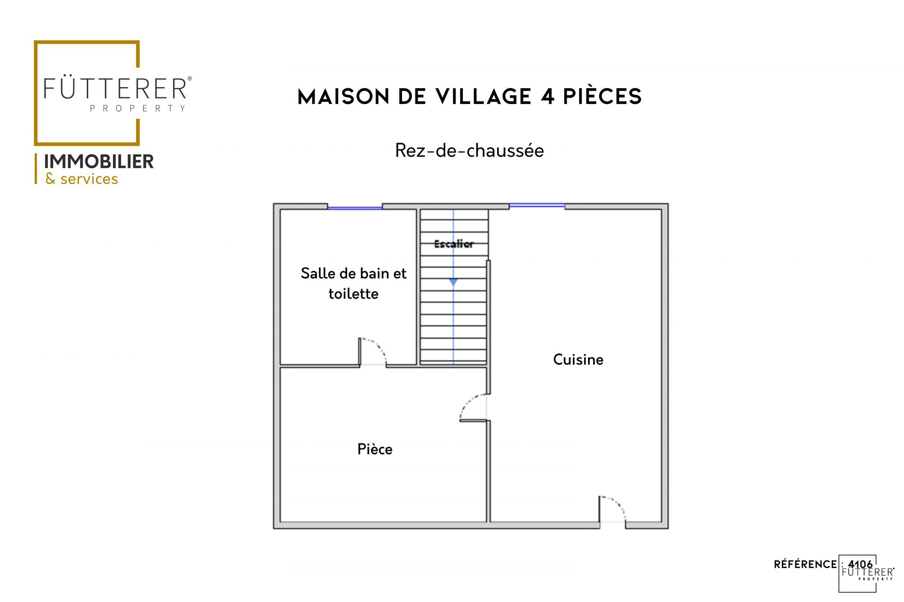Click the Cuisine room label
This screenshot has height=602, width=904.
(x=578, y=360)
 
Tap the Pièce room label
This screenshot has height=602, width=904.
(x=375, y=449)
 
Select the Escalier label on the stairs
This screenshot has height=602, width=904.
(x=454, y=244)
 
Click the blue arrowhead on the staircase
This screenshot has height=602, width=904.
(x=453, y=282)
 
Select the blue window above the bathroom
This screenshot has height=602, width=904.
(x=355, y=208)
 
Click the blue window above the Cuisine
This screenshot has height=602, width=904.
(x=537, y=206)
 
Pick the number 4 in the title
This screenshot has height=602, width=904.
(x=548, y=97)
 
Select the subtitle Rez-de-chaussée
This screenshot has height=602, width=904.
(x=470, y=151)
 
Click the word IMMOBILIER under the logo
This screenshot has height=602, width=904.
(x=99, y=162)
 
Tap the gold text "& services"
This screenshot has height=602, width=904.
(x=82, y=179)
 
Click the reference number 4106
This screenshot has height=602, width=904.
(x=861, y=564)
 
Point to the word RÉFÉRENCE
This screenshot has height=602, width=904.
(x=805, y=564)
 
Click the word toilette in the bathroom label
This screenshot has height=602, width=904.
(x=353, y=294)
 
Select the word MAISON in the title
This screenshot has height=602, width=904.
(x=344, y=97)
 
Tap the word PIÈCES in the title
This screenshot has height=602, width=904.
(x=603, y=96)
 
